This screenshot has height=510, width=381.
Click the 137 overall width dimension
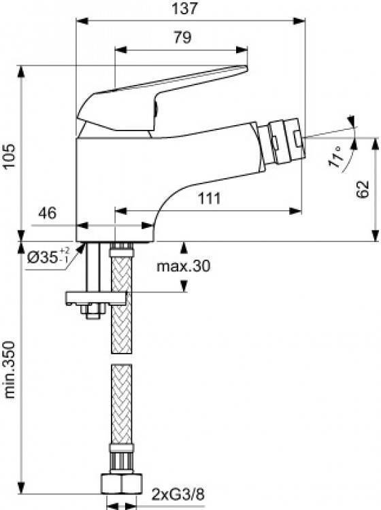tap(184, 8)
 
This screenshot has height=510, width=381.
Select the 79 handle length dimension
tap(182, 37)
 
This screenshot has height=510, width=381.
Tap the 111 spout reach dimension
tap(209, 198)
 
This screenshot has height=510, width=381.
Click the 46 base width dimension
tap(48, 213)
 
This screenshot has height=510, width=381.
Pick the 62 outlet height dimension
tap(363, 189)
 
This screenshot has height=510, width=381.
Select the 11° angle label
tap(336, 156)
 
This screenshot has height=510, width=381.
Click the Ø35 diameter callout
tap(48, 256)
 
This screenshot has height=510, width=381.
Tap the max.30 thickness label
tap(184, 266)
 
